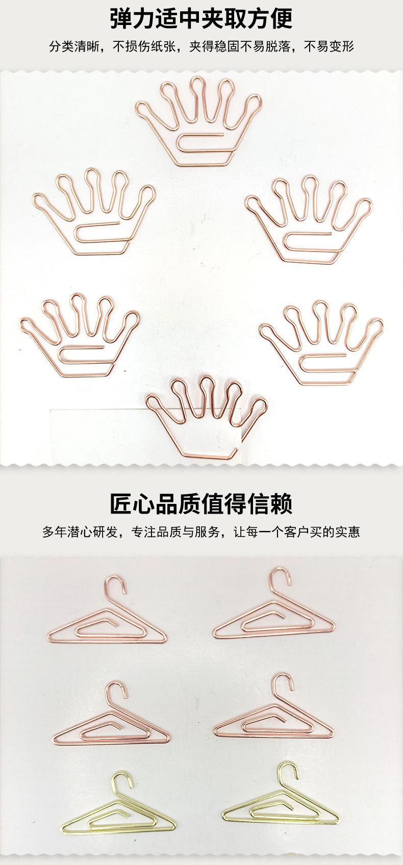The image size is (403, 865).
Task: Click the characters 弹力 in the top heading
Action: point(133,19)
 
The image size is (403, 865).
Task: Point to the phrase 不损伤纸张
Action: point(145,47)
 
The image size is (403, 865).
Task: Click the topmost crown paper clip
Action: point(199,122)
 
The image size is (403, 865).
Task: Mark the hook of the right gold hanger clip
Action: point(289,772)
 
